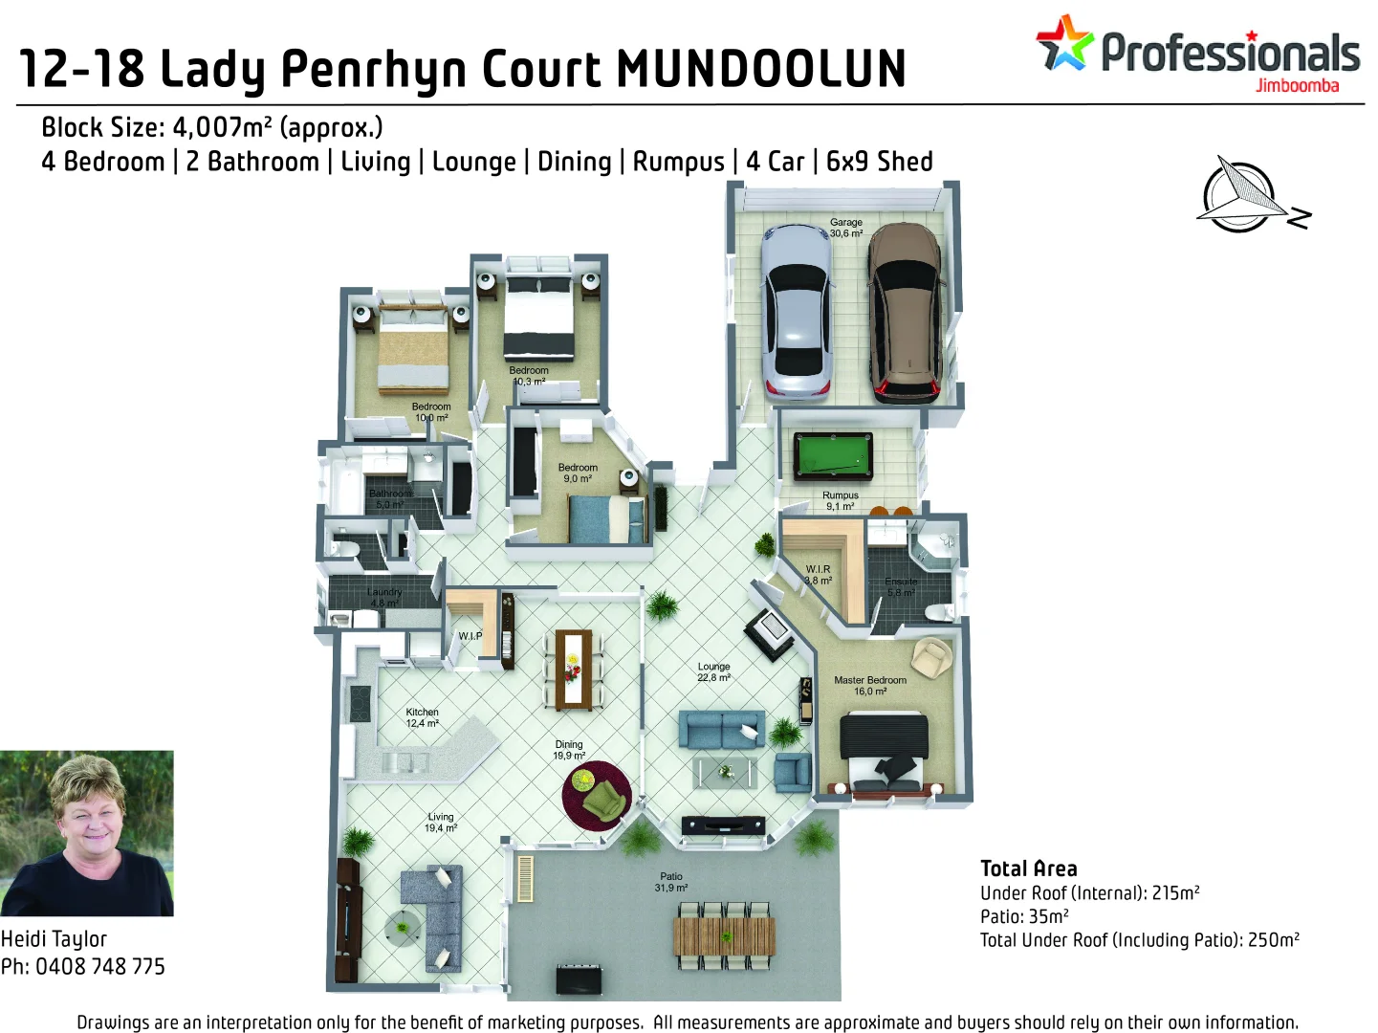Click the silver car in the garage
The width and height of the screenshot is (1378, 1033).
click(796, 311)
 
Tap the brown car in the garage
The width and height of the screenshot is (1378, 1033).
click(905, 313)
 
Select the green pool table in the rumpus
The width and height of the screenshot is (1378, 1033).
click(833, 454)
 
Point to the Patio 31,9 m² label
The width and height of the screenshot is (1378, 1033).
click(671, 882)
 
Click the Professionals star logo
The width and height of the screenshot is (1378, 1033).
click(1063, 43)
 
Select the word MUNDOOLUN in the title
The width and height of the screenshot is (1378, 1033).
click(761, 70)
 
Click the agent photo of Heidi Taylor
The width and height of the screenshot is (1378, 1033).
click(87, 833)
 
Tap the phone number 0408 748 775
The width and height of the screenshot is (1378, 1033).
click(100, 966)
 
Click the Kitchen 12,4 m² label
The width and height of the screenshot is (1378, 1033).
click(422, 717)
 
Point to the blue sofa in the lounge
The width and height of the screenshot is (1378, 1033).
click(721, 730)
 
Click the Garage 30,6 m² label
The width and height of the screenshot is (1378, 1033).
click(846, 228)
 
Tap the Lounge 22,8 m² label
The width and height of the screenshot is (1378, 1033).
click(713, 671)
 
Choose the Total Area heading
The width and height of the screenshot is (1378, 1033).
click(1028, 868)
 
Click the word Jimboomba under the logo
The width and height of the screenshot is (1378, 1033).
click(1297, 86)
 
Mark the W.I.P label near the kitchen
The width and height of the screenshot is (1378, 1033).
click(470, 636)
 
